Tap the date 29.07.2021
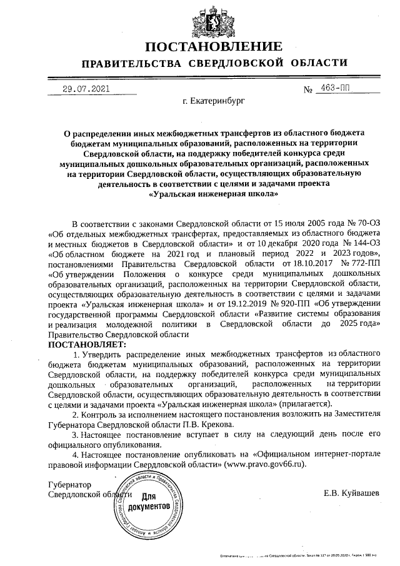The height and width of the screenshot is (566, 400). [86, 89]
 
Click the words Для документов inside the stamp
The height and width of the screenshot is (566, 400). [149, 500]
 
